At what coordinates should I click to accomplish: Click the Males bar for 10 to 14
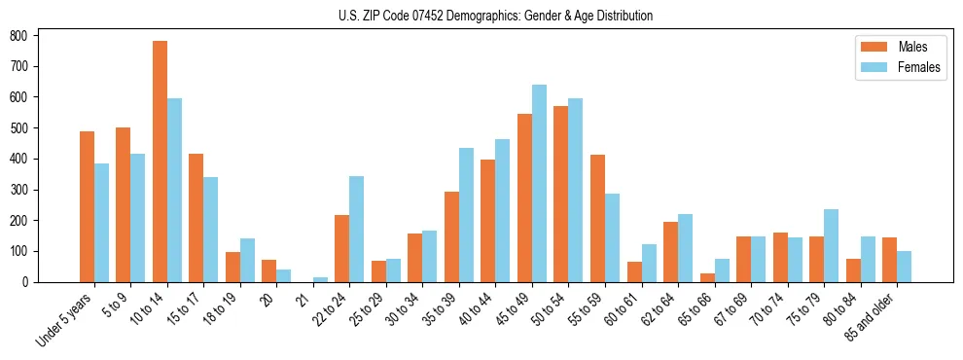click(160, 162)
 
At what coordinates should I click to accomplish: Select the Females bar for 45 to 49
click(539, 184)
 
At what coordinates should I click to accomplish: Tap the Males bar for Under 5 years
click(87, 206)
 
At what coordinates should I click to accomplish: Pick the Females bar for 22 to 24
click(357, 230)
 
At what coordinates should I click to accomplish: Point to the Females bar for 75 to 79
click(831, 246)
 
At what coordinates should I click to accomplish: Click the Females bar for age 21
click(320, 279)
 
